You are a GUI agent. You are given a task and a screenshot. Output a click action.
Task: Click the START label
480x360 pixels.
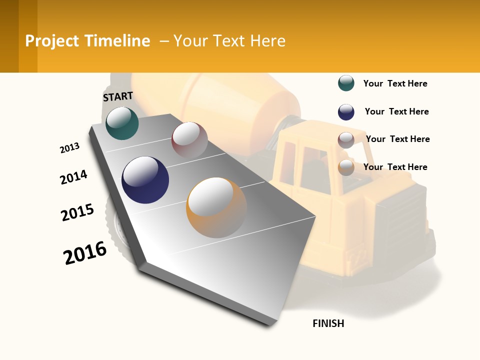coord(118,96)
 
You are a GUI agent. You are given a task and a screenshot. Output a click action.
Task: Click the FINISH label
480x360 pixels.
coord(328,323)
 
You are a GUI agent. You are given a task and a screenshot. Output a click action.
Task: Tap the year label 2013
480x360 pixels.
coord(69,148)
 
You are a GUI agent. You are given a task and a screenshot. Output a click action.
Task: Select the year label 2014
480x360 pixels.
coord(73,177)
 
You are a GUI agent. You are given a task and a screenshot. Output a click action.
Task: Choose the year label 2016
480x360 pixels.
coord(85,253)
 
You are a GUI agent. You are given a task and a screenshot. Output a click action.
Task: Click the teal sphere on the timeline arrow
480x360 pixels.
coord(122,123)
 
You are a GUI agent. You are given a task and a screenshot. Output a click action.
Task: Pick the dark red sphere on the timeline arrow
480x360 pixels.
coord(189,140)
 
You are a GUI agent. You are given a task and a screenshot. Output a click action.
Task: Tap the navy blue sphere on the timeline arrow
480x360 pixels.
coord(145,179)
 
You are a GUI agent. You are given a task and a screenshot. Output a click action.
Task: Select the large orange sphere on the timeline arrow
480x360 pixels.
coord(216,207)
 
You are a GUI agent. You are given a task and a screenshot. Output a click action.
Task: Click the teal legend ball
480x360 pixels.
coord(346,83)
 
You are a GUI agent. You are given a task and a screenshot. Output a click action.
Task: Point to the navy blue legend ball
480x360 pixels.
coord(346,112)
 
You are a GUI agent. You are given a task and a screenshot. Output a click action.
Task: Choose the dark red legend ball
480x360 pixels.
coord(346,140)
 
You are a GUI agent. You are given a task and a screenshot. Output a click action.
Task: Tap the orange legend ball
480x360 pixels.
coord(346,168)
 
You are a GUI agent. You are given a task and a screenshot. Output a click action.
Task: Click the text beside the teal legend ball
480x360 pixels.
coord(395,83)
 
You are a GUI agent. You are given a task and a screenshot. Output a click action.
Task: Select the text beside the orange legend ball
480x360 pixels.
coord(395,167)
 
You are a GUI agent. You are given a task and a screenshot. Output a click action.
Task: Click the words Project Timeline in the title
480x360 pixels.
coord(87,41)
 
